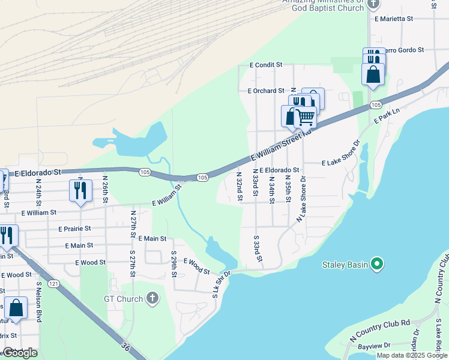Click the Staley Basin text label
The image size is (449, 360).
pyautogui.click(x=345, y=264)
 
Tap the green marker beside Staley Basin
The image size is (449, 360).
pyautogui.click(x=377, y=264)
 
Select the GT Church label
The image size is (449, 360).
pyautogui.click(x=124, y=299)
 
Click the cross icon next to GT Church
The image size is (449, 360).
pyautogui.click(x=153, y=299)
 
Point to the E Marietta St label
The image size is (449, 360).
pyautogui.click(x=394, y=19)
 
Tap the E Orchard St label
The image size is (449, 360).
pyautogui.click(x=265, y=91)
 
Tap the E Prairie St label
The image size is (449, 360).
pyautogui.click(x=74, y=229)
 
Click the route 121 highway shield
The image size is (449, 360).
pyautogui.click(x=55, y=283)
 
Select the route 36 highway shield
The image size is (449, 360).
pyautogui.click(x=125, y=347)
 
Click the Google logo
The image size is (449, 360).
pyautogui.click(x=20, y=353)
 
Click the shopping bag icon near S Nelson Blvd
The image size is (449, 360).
pyautogui.click(x=16, y=308)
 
